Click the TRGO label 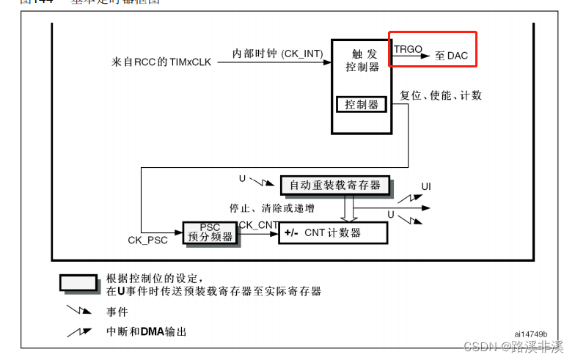(408, 49)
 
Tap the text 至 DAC (451, 56)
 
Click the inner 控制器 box (362, 105)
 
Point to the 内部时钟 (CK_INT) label (271, 54)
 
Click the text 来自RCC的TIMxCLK (159, 62)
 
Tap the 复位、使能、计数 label (441, 96)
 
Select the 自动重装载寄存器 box (335, 185)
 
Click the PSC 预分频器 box (210, 232)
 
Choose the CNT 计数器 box (332, 233)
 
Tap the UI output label (426, 186)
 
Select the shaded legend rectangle (78, 283)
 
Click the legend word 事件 (117, 312)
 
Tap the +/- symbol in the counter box (291, 233)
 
